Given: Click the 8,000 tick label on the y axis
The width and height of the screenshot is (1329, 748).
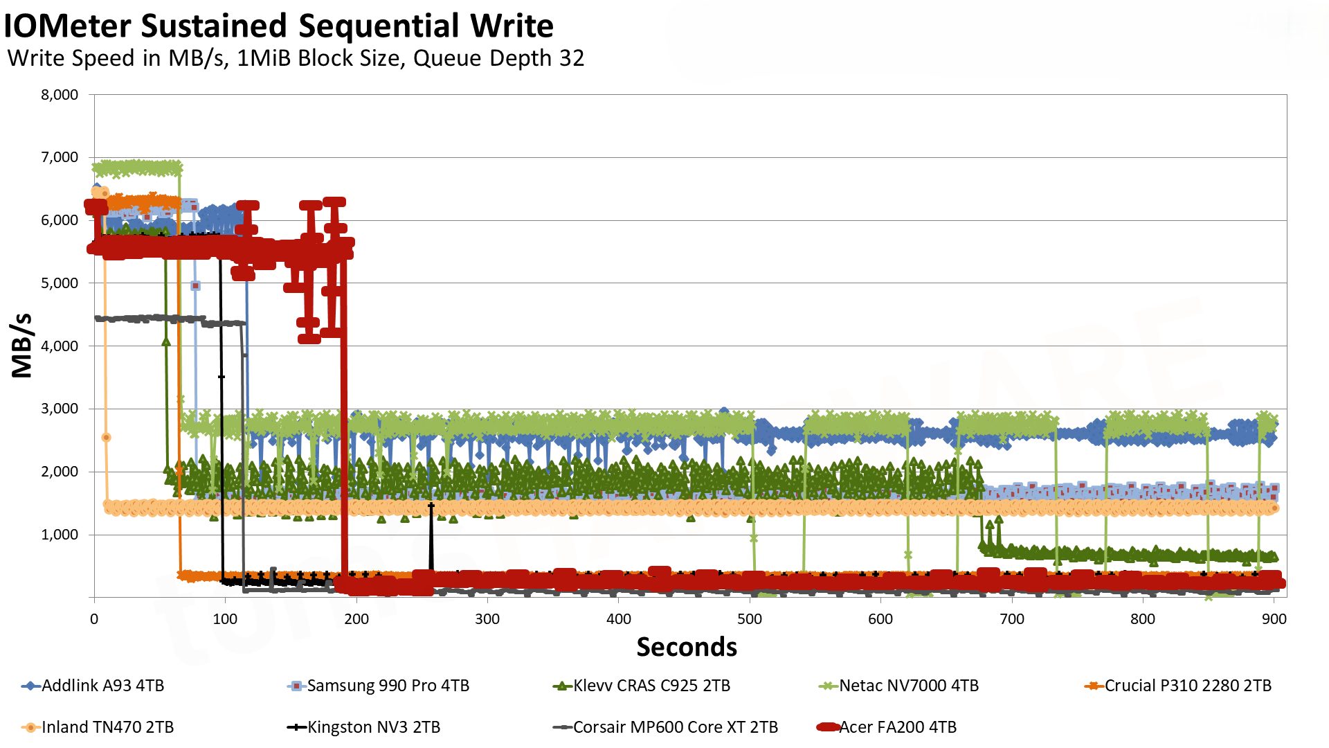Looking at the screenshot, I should pos(60,95).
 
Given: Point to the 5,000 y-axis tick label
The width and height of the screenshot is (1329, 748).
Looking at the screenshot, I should pos(60,283).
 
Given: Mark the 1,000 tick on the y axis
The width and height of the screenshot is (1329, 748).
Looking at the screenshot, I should pos(60,535).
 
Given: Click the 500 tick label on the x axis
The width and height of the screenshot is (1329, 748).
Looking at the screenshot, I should pos(750,619).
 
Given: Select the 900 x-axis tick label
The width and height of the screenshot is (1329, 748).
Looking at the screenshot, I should pos(1274,619).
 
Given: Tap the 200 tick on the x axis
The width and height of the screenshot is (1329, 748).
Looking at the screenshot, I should pos(356,619).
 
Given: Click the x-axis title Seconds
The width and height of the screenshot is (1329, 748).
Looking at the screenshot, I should pos(687,647).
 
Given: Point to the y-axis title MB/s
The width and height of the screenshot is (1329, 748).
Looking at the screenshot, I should pos(22,346).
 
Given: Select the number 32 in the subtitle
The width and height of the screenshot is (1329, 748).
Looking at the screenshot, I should pos(572,58).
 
